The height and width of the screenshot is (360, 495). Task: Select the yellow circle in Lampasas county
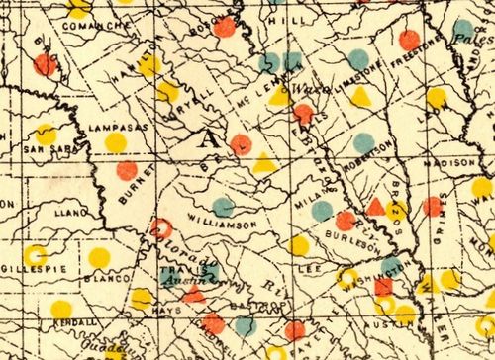[116, 142]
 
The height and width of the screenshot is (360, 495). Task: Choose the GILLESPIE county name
[27, 269]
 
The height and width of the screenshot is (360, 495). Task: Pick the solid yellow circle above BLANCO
[99, 258]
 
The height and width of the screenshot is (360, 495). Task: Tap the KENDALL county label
[76, 322]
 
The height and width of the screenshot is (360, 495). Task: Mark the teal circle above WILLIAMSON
[225, 207]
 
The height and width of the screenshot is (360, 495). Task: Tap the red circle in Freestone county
[409, 40]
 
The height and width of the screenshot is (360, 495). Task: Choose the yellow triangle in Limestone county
[361, 97]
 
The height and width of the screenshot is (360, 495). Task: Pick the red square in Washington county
[384, 287]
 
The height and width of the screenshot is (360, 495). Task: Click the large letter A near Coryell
[211, 139]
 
